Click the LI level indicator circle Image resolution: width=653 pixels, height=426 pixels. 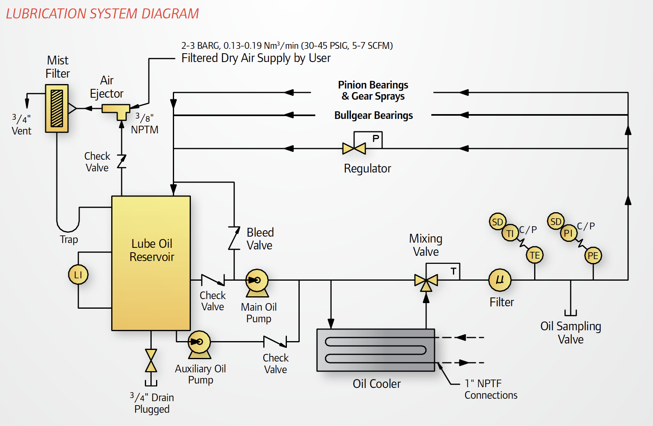point(78,275)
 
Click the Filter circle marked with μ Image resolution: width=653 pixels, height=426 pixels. point(500,279)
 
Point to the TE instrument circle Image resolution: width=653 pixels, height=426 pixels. point(535,255)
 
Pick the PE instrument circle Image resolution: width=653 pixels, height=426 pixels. point(593,255)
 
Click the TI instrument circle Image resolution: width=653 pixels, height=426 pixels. point(510,233)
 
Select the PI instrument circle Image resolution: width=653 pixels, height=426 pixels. point(568,233)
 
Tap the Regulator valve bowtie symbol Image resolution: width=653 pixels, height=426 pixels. point(354,149)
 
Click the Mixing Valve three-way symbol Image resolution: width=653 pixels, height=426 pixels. point(426,281)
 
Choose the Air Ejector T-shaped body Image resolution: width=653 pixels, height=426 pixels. point(116,110)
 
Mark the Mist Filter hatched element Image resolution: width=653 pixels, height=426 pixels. point(57,109)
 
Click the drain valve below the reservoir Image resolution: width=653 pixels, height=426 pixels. point(151,360)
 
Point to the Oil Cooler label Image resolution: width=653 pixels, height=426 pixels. point(377,384)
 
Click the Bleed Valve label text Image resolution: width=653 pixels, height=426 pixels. point(260,239)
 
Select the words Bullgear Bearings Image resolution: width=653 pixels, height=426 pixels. point(373,115)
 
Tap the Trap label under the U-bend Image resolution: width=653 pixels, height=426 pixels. point(69,239)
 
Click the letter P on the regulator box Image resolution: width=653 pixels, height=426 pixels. point(376,139)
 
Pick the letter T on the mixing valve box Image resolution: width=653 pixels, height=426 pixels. point(453,271)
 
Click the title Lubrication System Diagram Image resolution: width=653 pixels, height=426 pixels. point(102,14)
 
